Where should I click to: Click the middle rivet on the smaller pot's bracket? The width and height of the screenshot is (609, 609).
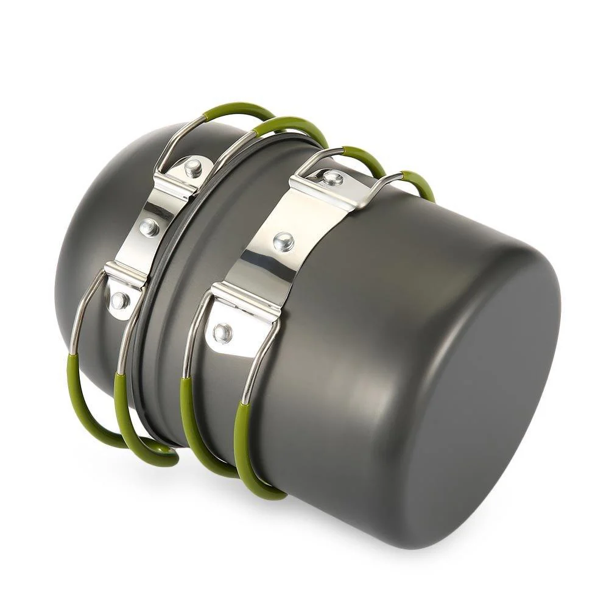[149, 227]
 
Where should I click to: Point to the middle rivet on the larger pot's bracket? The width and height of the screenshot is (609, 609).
[282, 242]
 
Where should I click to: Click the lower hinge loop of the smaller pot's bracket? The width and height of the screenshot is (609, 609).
[125, 277]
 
